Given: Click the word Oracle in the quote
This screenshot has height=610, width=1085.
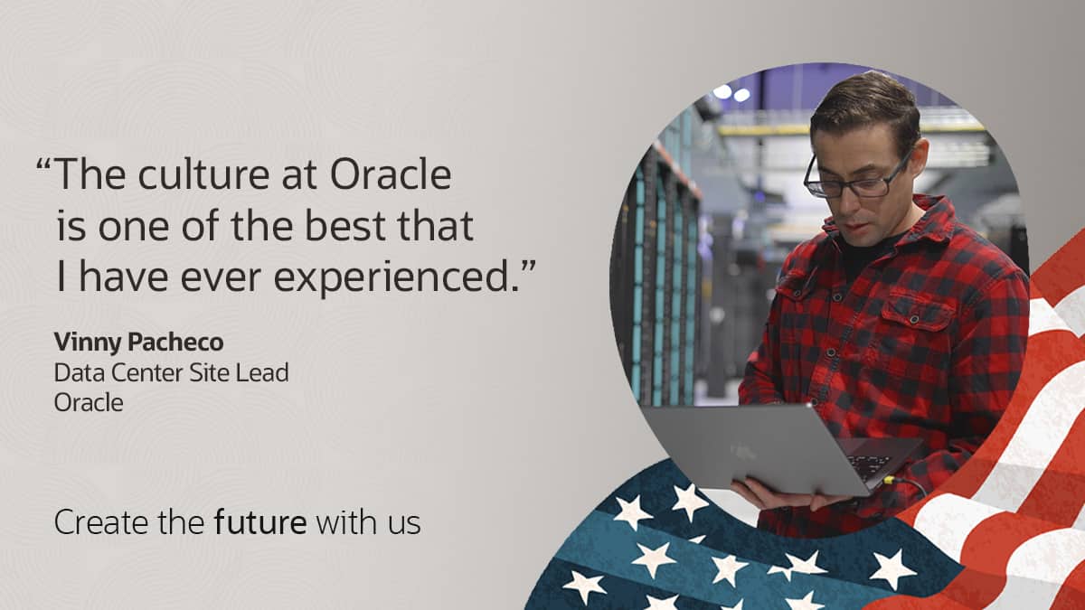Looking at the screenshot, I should click(390, 174).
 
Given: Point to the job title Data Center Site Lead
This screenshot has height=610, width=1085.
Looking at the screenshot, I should click(171, 371).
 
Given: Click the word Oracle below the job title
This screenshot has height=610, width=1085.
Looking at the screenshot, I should click(88, 402).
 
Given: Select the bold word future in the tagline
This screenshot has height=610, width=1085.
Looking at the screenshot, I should click(261, 522).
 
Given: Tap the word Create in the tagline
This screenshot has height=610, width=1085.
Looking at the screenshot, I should click(94, 522).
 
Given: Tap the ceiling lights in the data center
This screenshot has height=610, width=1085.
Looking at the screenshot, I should click(731, 92).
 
